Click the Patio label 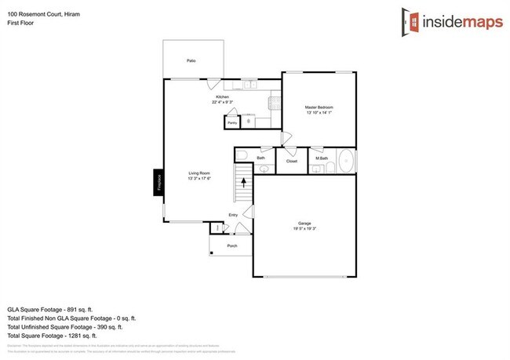pyautogui.click(x=191, y=60)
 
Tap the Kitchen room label pyautogui.click(x=223, y=96)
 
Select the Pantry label pyautogui.click(x=231, y=123)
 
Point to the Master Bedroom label pyautogui.click(x=319, y=107)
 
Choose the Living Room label pyautogui.click(x=199, y=173)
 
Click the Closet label pyautogui.click(x=291, y=162)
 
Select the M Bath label pyautogui.click(x=322, y=158)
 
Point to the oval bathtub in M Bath pyautogui.click(x=345, y=162)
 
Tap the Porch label pyautogui.click(x=231, y=245)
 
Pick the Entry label pyautogui.click(x=233, y=215)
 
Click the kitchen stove pyautogui.click(x=275, y=101)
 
